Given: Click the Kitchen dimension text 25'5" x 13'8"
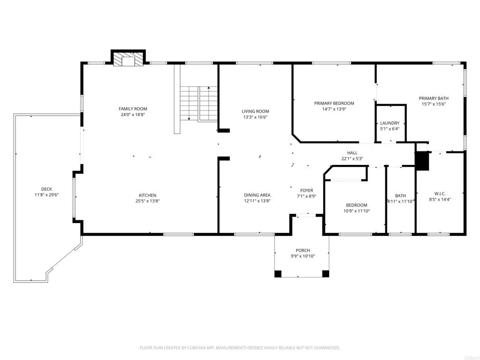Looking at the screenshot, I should (x=147, y=201).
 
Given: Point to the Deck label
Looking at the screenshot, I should (x=46, y=189).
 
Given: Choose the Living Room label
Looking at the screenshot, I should (x=255, y=111).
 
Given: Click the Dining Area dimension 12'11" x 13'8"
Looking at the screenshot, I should (x=257, y=201).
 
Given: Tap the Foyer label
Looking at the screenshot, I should (x=307, y=190).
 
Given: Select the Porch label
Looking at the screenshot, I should (x=303, y=250).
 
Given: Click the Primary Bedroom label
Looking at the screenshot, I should (x=334, y=103).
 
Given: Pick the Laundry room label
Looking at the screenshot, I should (x=390, y=123).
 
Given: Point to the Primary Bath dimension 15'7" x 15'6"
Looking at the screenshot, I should (x=433, y=104).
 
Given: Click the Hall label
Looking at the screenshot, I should (x=352, y=153).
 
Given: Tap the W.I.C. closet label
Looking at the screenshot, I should (x=440, y=193).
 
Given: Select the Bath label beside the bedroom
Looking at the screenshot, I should (x=400, y=195).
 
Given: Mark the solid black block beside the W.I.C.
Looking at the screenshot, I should (x=423, y=161).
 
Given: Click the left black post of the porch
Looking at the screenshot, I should (x=278, y=274).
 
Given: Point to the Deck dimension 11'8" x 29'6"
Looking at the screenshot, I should (x=46, y=195).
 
